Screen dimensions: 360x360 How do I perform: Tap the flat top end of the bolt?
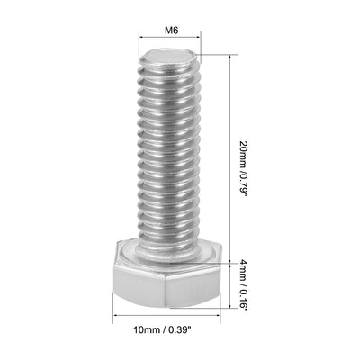pos(166,62)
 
